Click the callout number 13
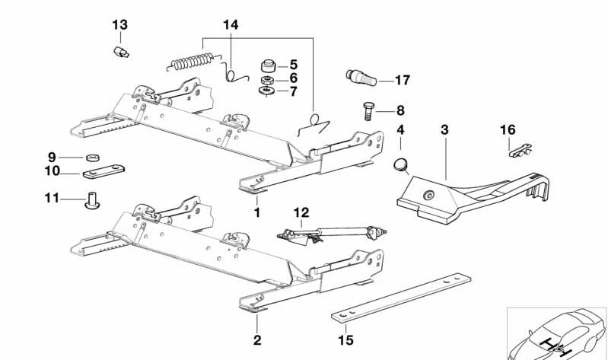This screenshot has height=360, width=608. pyautogui.click(x=120, y=25)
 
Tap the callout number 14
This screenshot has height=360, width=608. pyautogui.click(x=231, y=25)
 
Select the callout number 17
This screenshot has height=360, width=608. pyautogui.click(x=403, y=79)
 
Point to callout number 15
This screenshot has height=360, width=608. pyautogui.click(x=346, y=340)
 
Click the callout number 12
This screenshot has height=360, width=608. pyautogui.click(x=302, y=212)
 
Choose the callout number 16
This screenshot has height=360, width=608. pyautogui.click(x=508, y=130)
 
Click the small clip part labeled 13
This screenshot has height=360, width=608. pyautogui.click(x=119, y=52)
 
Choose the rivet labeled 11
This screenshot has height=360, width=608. pyautogui.click(x=93, y=202)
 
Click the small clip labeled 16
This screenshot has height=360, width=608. pyautogui.click(x=517, y=150)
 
